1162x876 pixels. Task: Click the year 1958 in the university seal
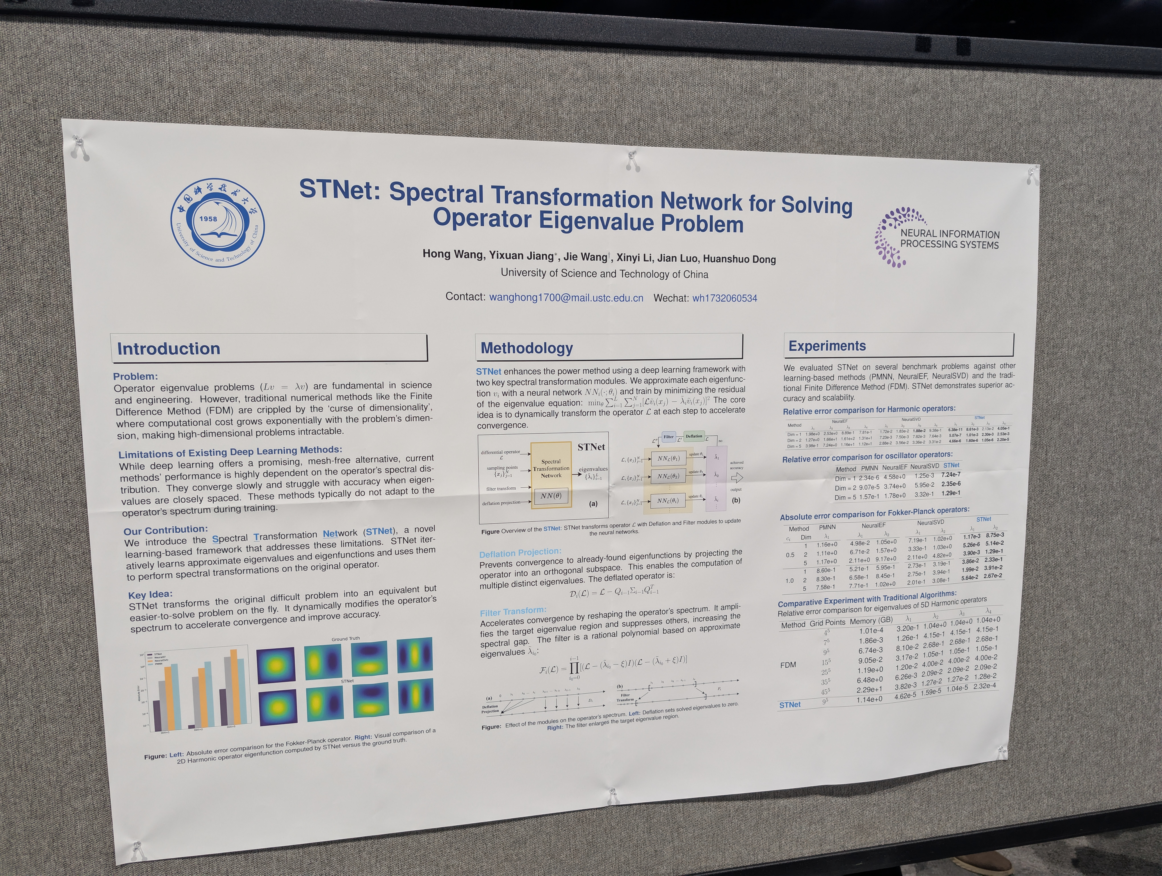coord(208,219)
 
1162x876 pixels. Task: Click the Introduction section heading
coord(169,349)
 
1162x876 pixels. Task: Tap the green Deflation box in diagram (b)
coord(693,436)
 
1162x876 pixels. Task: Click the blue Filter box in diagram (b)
coord(668,436)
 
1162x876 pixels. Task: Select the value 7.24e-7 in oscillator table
coord(951,474)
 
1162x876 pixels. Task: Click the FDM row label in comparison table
coord(788,665)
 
